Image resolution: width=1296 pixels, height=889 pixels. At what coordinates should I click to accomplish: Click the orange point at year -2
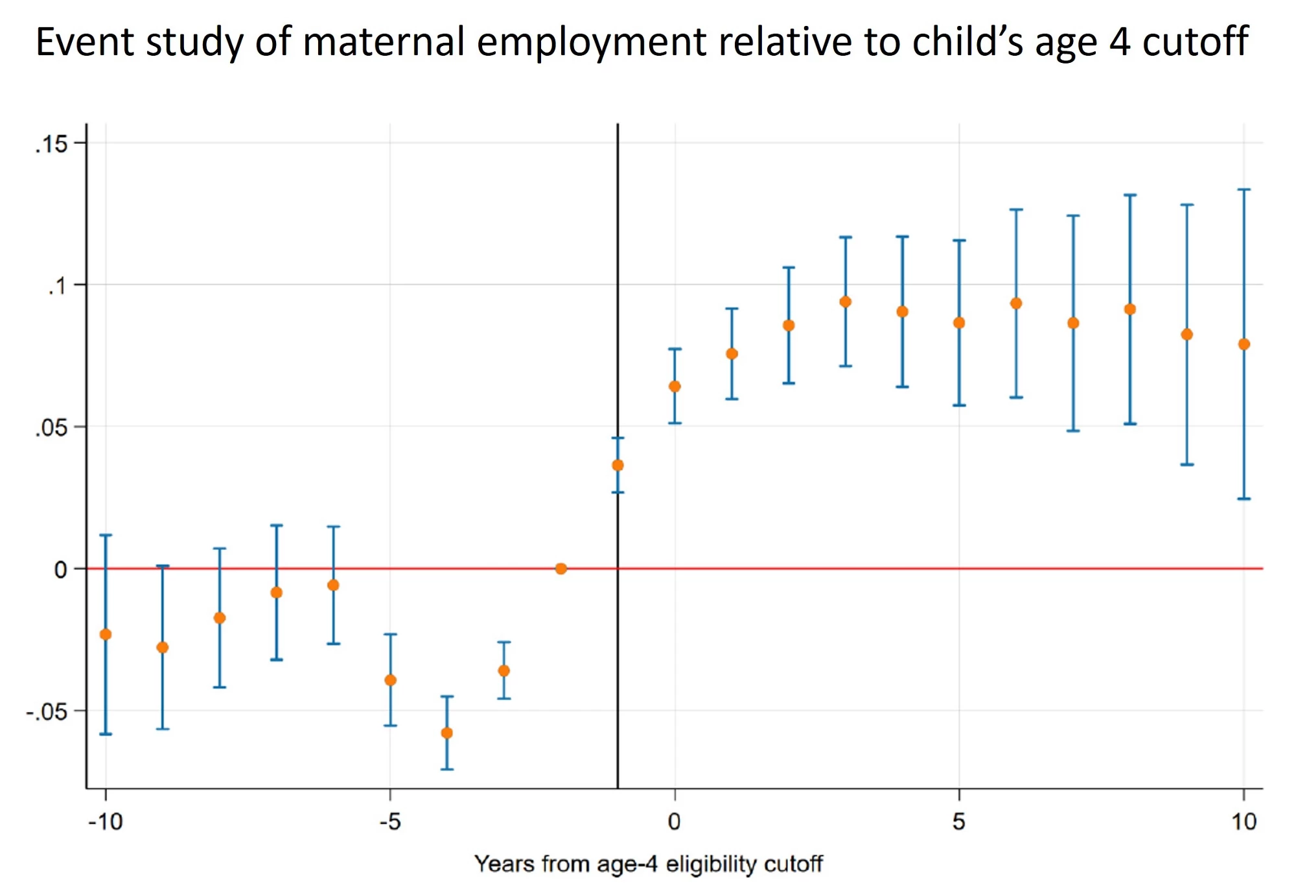[561, 569]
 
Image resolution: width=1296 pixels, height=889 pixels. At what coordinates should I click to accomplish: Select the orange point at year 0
[675, 386]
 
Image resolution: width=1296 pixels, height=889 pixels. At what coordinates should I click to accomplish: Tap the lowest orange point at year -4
[447, 733]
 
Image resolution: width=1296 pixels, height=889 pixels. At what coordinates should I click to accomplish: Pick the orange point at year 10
[1244, 344]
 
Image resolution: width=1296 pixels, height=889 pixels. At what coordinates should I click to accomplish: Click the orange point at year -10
[106, 634]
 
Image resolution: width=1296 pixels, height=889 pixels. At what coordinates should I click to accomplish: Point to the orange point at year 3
[846, 302]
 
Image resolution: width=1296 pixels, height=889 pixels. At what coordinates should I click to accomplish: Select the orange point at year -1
[618, 465]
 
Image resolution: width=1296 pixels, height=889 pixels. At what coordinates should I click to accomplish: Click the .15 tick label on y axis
[51, 144]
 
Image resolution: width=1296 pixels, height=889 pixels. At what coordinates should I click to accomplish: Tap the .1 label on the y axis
[58, 285]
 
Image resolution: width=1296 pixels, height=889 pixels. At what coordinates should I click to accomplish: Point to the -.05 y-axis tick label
[47, 711]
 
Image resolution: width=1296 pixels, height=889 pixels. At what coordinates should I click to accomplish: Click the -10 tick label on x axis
[106, 822]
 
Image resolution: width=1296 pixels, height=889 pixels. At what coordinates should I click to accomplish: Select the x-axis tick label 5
[959, 822]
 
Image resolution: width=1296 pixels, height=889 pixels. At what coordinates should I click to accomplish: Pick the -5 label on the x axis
[390, 822]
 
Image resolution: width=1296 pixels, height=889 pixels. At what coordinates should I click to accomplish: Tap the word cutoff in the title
[1196, 41]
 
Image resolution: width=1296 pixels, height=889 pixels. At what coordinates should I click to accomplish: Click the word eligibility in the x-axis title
[711, 864]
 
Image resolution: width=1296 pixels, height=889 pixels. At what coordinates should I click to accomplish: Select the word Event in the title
[85, 41]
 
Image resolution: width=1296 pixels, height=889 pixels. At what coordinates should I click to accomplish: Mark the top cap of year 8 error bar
[1130, 195]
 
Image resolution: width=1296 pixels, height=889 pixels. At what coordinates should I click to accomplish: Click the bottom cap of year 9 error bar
[1187, 464]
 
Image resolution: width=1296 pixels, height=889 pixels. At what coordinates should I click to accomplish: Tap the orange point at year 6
[1016, 303]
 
